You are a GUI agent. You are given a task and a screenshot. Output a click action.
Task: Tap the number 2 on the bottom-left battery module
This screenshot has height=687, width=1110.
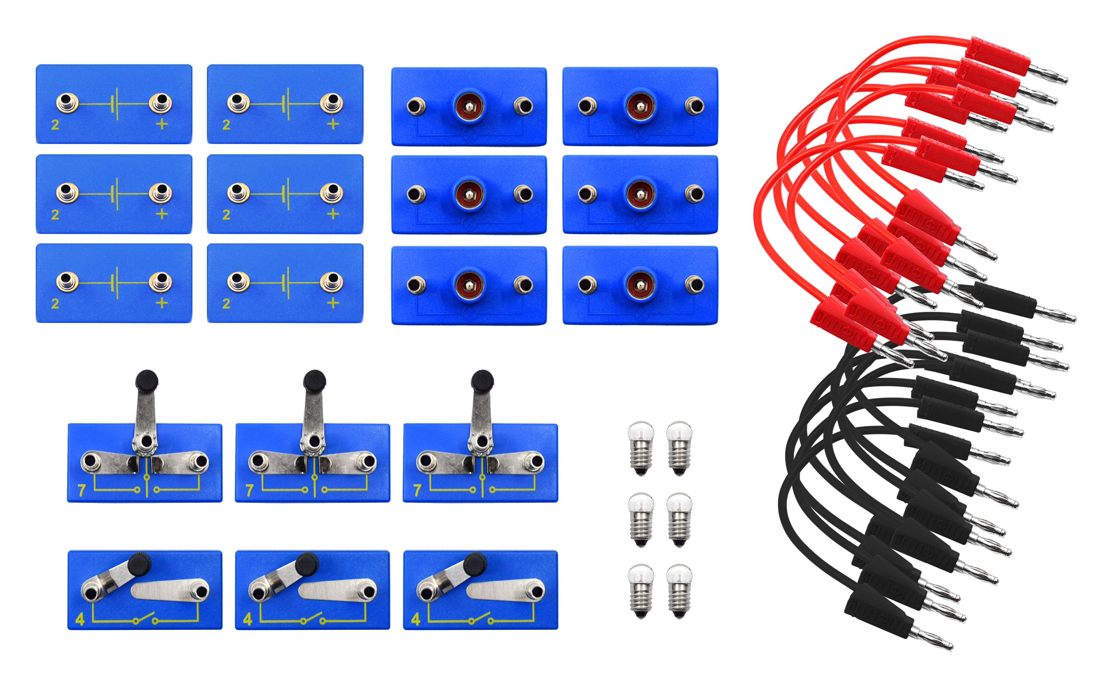pos(55,303)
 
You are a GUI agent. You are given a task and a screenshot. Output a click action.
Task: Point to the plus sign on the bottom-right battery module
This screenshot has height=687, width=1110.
pos(333,303)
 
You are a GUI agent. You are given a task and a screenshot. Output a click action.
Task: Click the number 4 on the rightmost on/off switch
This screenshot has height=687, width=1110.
pos(416,619)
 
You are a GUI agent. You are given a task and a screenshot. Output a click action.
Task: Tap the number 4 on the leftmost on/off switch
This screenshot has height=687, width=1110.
pos(80,619)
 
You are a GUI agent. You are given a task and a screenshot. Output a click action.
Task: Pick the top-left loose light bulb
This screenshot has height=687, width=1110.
pos(641,448)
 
